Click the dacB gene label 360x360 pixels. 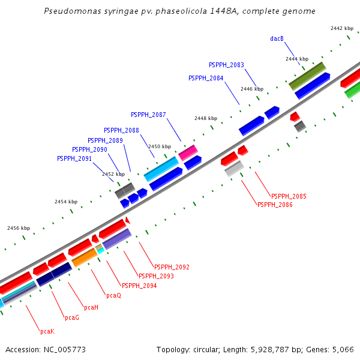tap(277, 38)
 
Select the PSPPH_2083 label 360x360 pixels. tap(226, 65)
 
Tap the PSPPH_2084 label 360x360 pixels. tap(206, 78)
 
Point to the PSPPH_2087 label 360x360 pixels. tap(148, 115)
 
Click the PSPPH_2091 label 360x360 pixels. tap(74, 158)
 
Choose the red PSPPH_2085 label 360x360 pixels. tap(289, 196)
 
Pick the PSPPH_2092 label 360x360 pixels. tap(172, 267)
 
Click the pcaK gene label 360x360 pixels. tap(47, 331)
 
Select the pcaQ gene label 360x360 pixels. tap(113, 295)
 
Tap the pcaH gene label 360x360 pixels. tap(91, 307)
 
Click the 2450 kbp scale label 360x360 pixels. tap(159, 146)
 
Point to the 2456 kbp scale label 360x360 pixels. tap(19, 228)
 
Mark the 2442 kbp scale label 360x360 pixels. tap(342, 28)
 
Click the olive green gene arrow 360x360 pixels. tap(307, 76)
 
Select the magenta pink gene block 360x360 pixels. tap(188, 152)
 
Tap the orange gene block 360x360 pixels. tap(85, 257)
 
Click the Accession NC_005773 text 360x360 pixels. tap(45, 349)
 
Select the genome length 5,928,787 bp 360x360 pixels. tap(275, 349)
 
